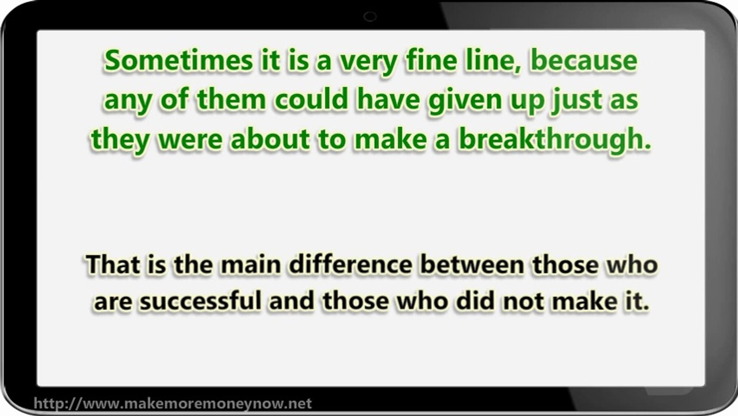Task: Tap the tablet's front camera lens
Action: coord(370,17)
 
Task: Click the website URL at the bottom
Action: coord(173,403)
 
